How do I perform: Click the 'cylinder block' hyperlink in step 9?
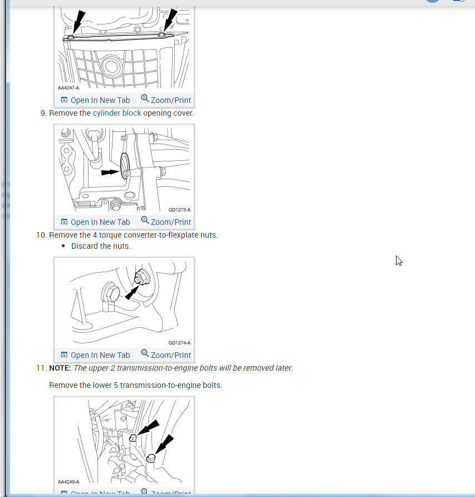point(117,113)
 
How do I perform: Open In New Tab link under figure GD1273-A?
point(95,222)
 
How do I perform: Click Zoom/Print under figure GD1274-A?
point(166,355)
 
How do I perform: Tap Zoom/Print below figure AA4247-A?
point(166,100)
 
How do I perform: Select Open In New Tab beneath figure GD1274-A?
point(95,355)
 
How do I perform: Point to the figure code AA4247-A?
point(68,88)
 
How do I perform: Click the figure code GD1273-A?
point(179,210)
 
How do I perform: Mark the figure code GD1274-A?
point(179,343)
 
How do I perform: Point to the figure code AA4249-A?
point(68,482)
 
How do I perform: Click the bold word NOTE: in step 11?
point(60,368)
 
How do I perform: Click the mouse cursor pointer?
point(399,261)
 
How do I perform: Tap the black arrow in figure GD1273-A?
point(110,173)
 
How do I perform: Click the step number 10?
point(41,235)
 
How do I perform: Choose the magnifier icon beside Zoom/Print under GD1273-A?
point(145,220)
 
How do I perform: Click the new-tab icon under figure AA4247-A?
point(64,100)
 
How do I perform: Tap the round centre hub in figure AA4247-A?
point(111,66)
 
